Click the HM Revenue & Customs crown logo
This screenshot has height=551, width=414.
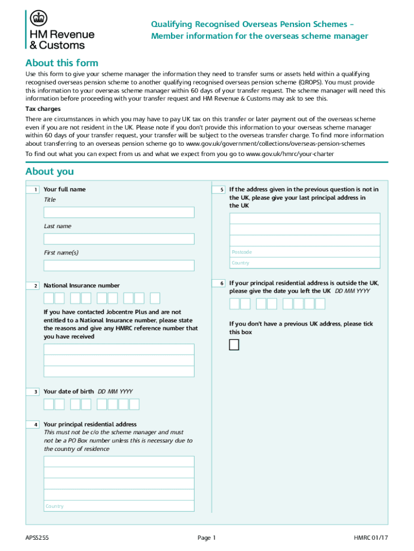click(38, 18)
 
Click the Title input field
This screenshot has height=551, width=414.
click(119, 213)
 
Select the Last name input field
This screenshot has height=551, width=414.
click(119, 239)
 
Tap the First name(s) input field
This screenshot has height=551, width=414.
click(119, 265)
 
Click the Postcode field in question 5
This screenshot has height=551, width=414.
click(304, 252)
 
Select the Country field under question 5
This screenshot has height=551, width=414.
click(304, 263)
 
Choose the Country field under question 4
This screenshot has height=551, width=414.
click(119, 506)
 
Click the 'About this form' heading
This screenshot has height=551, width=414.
click(62, 63)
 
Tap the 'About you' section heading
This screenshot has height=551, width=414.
click(49, 172)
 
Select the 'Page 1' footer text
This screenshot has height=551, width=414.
click(206, 538)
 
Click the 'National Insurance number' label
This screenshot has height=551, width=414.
click(82, 286)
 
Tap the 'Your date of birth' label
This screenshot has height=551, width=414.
click(69, 391)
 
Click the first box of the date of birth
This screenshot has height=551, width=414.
click(49, 404)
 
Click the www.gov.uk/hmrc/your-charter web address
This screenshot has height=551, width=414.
click(290, 154)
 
